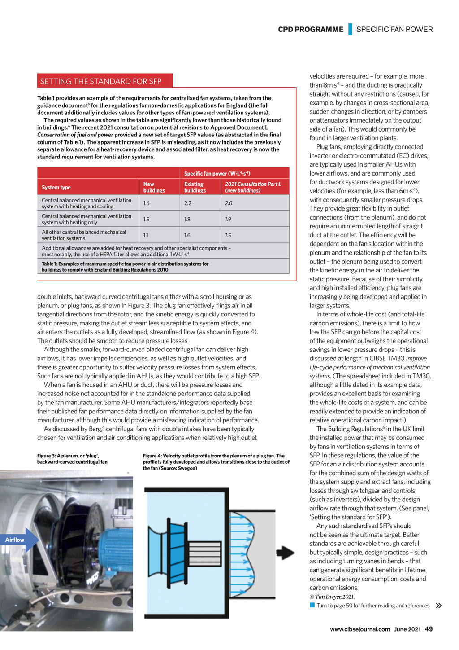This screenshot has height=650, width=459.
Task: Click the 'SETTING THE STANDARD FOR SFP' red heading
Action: [x=101, y=81]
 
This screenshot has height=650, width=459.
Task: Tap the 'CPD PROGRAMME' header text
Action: [x=311, y=30]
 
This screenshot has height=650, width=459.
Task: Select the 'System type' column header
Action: [x=56, y=188]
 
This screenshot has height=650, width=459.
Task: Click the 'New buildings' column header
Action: [x=154, y=187]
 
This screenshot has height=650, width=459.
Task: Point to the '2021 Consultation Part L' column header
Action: [x=253, y=187]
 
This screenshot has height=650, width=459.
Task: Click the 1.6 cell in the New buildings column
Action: [x=147, y=203]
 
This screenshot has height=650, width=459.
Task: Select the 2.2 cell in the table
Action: [x=188, y=203]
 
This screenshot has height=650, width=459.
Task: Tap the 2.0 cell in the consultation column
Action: [x=229, y=203]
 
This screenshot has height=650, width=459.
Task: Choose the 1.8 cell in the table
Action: [x=187, y=220]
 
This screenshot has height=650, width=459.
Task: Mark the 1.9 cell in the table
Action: [x=228, y=220]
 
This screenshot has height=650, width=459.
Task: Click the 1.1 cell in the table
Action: [x=146, y=235]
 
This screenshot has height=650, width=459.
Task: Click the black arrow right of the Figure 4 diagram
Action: [x=286, y=553]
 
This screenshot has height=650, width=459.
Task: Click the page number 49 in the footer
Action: [x=429, y=629]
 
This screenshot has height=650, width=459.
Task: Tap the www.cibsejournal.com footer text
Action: [x=360, y=629]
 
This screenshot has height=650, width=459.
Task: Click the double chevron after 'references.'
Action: [x=439, y=606]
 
